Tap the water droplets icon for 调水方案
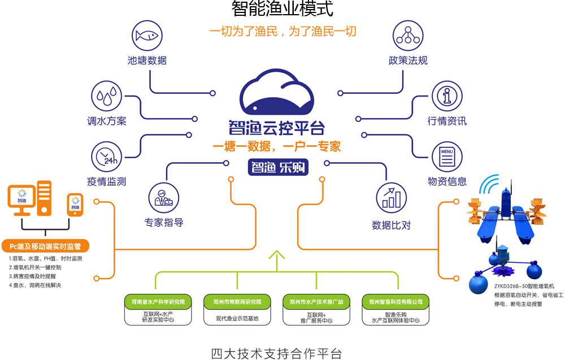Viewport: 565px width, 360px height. (x=107, y=96)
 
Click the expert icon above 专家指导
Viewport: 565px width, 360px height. (x=163, y=196)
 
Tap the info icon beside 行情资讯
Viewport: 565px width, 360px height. (x=447, y=96)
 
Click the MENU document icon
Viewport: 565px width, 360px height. (x=447, y=157)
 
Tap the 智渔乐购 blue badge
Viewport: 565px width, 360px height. (x=277, y=168)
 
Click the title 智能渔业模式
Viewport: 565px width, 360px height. (x=282, y=10)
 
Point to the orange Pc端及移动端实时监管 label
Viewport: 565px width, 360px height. (x=46, y=246)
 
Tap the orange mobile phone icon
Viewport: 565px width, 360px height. (x=75, y=205)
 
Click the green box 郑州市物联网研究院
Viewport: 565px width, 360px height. (x=237, y=302)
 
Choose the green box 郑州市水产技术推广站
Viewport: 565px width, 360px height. (x=316, y=302)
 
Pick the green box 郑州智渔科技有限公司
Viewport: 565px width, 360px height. (x=395, y=302)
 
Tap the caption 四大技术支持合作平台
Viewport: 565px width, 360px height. (x=276, y=354)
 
